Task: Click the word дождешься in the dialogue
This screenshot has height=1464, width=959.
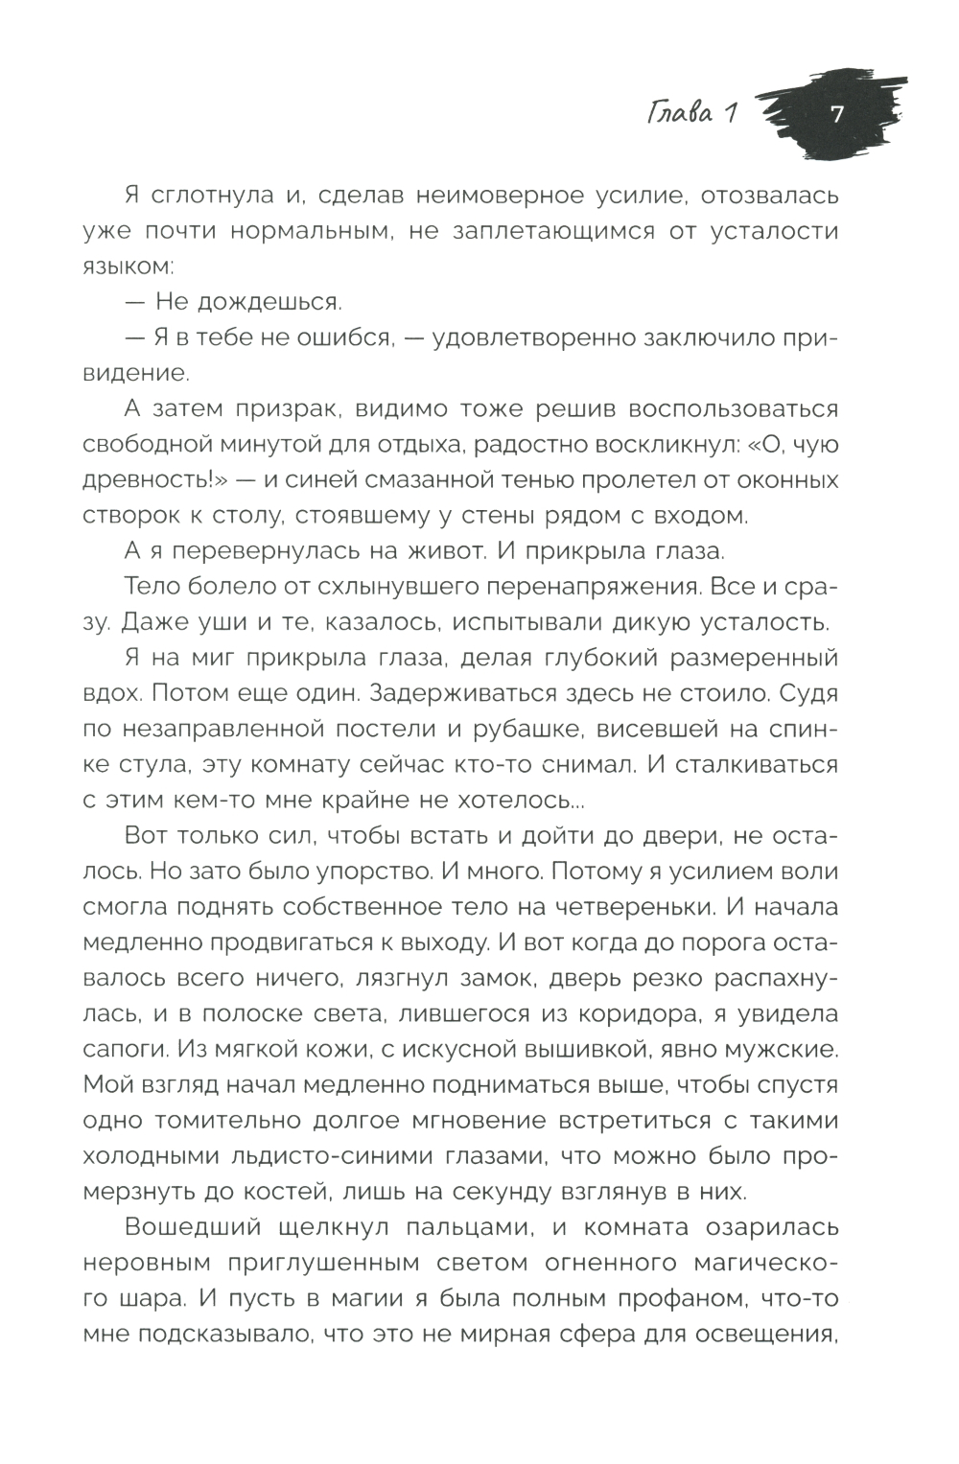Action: click(260, 303)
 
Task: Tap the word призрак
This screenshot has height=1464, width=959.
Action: click(287, 409)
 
